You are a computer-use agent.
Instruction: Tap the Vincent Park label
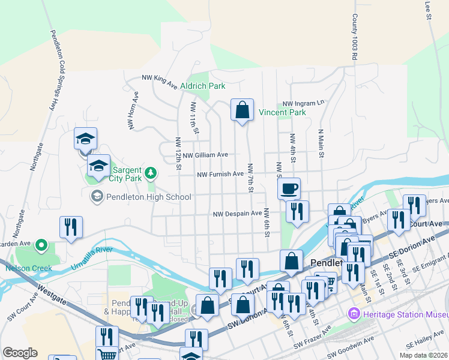[282, 112]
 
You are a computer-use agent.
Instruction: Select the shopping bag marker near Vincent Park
[242, 110]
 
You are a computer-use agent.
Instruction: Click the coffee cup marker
[289, 188]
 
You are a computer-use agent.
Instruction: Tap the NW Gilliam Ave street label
[205, 155]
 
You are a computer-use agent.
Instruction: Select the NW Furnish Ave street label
[221, 174]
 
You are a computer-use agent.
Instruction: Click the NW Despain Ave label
[238, 214]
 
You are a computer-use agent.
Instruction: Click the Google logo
[20, 352]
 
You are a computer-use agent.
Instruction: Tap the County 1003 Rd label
[355, 37]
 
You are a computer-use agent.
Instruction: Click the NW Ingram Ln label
[303, 103]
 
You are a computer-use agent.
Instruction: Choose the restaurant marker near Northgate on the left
[71, 227]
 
